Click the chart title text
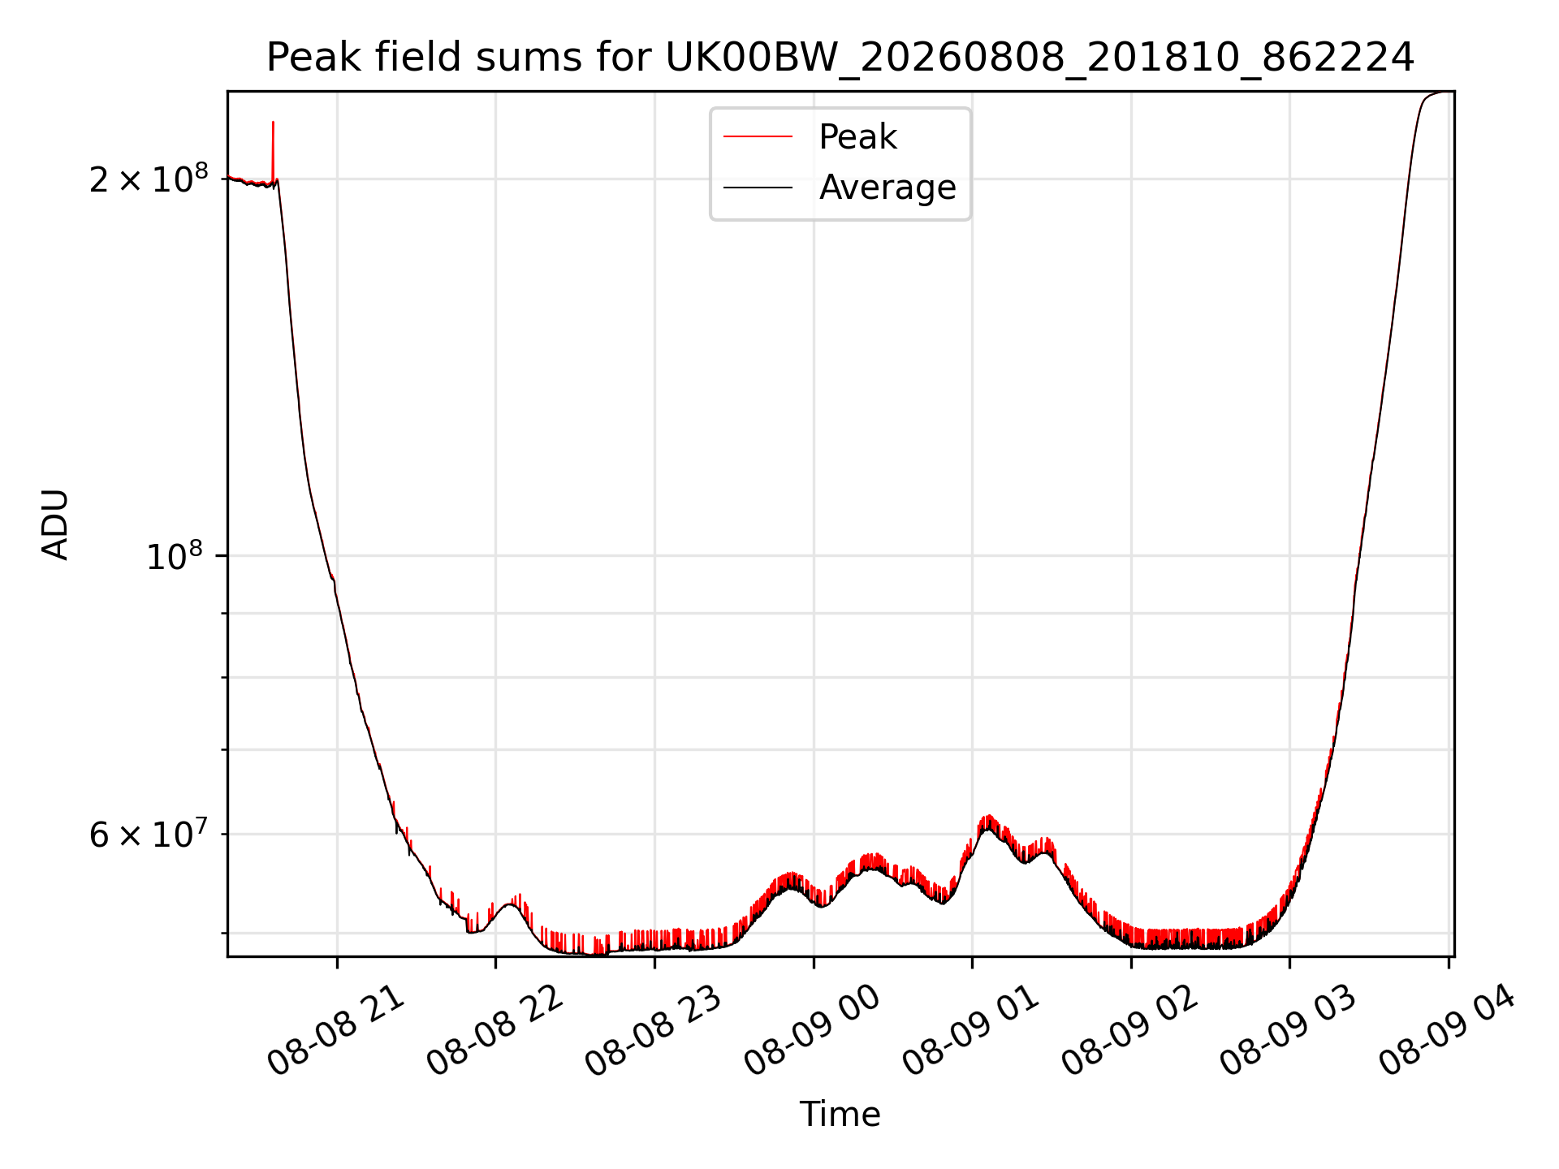coord(840,58)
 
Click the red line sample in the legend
coord(758,136)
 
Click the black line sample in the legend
coord(758,188)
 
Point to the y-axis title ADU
coord(55,524)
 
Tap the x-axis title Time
coord(840,1115)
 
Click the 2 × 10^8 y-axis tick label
coord(149,178)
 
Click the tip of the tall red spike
coord(273,122)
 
